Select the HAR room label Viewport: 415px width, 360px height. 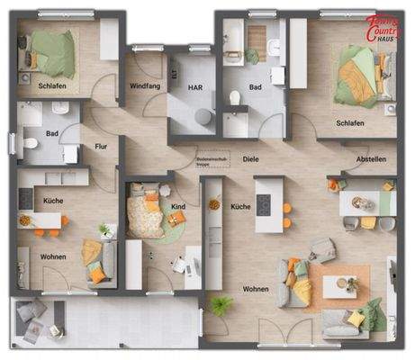click(194, 88)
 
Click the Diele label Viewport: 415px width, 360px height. click(251, 159)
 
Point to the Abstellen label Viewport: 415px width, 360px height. click(371, 159)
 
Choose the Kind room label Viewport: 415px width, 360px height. click(178, 208)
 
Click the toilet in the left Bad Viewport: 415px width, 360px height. click(29, 142)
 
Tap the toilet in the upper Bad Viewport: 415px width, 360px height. click(236, 97)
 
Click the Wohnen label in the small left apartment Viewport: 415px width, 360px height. click(53, 257)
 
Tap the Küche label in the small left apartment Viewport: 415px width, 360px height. click(52, 200)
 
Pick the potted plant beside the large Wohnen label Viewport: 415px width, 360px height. click(219, 304)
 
